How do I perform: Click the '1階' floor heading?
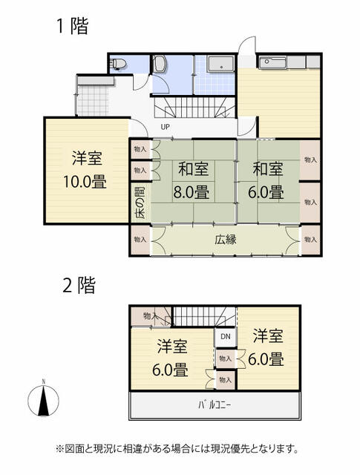pos(73,27)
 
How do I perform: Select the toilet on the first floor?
pos(117,65)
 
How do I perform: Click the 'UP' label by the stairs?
pos(165,126)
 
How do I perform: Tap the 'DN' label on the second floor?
pos(226,337)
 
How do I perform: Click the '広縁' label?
pos(226,240)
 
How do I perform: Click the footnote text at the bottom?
pos(178,449)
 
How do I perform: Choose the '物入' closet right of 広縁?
pos(310,240)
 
